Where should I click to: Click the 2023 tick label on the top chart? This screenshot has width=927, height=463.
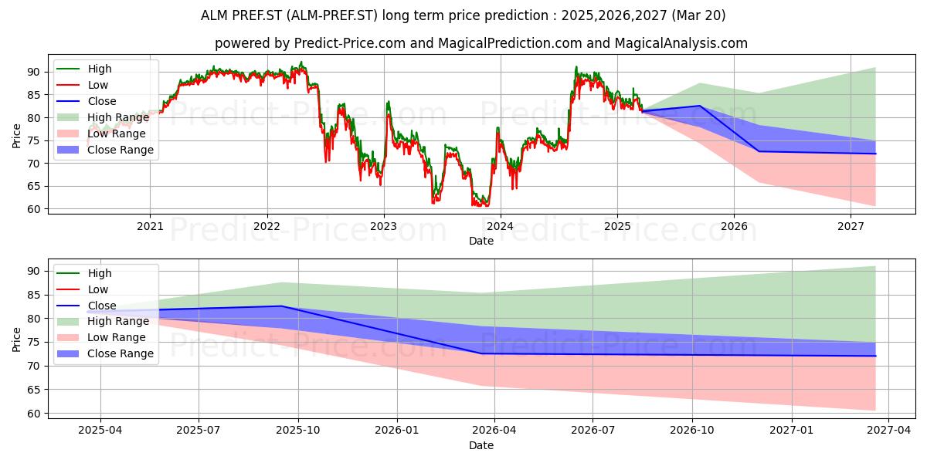tap(384, 226)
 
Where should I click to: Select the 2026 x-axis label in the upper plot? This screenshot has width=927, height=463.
tap(734, 226)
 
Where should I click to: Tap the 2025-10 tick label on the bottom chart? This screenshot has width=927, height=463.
tap(298, 431)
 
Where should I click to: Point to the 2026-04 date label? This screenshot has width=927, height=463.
tap(494, 431)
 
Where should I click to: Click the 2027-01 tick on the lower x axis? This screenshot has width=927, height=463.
tap(792, 431)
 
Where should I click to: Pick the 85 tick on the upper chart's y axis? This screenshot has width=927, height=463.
tap(33, 95)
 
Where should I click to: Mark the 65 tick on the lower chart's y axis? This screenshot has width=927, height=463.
tap(33, 390)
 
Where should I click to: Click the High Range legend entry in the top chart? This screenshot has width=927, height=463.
tap(103, 117)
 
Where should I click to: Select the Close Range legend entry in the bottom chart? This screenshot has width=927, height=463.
tap(105, 353)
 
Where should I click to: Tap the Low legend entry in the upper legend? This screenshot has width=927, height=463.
tap(82, 85)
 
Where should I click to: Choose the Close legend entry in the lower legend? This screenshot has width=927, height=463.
tap(86, 306)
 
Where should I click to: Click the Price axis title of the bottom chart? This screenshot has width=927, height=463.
tap(16, 340)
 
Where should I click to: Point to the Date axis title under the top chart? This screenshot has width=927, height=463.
tap(480, 241)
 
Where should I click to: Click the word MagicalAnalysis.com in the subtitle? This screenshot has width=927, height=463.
tap(681, 43)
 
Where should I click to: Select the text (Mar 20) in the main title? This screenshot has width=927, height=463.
tap(698, 15)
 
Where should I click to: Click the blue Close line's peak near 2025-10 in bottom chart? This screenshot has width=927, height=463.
tap(282, 306)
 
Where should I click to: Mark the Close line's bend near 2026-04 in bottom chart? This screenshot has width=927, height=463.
tap(480, 353)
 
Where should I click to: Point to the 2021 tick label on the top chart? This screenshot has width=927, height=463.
tap(150, 226)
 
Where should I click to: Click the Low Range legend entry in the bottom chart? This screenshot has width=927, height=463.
tap(101, 337)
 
